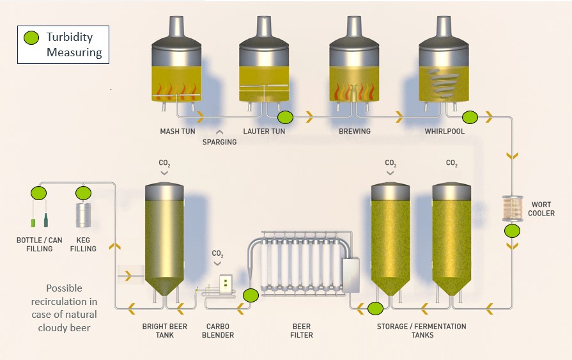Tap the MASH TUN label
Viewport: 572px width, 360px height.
tap(178, 132)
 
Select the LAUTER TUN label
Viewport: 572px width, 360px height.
tap(264, 132)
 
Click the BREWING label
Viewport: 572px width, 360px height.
tap(355, 132)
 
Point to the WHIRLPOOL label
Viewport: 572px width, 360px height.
tap(445, 132)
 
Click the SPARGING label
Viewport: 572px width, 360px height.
tap(219, 142)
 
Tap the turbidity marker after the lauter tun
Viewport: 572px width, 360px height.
tap(285, 117)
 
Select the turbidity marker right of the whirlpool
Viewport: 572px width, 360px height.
tap(470, 117)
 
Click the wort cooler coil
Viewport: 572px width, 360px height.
tap(512, 208)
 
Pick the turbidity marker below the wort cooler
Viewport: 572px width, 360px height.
tap(512, 231)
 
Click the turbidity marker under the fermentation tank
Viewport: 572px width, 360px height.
tap(376, 309)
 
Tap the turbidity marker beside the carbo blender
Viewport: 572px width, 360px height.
tap(251, 295)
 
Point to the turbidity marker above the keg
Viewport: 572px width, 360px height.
tap(83, 192)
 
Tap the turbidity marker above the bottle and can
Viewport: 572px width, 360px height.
tap(39, 192)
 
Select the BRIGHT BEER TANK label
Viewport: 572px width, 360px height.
tap(164, 331)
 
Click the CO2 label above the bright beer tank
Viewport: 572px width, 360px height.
tap(164, 164)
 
